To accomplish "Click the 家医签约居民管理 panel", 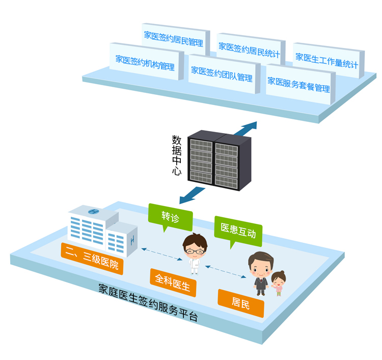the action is [x=175, y=39].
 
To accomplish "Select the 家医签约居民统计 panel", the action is [x=251, y=49].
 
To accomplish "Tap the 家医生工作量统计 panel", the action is [x=328, y=60].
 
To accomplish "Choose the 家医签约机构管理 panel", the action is [x=146, y=62].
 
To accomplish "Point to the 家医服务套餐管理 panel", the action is [x=300, y=84].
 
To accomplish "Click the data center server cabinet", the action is [x=219, y=160].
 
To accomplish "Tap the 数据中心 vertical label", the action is [x=177, y=155].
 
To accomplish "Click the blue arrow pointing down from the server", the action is [x=191, y=195].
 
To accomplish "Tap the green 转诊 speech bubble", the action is [x=170, y=217].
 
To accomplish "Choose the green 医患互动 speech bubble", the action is [x=238, y=231].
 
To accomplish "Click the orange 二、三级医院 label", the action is [x=92, y=259].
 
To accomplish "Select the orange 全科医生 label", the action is [x=173, y=282].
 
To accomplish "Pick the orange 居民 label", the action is [x=241, y=303].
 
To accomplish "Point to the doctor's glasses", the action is [x=195, y=251].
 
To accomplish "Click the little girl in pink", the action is [x=278, y=283].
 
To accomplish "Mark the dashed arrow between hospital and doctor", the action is [x=162, y=254].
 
